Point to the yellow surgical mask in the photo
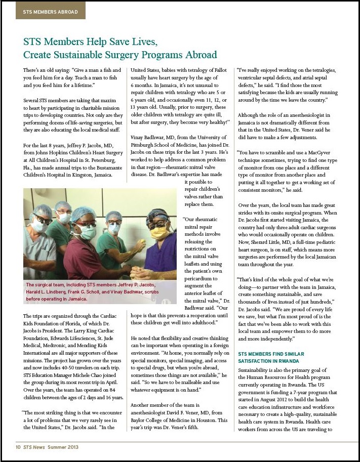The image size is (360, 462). point(158,232)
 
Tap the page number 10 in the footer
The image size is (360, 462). point(17,447)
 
